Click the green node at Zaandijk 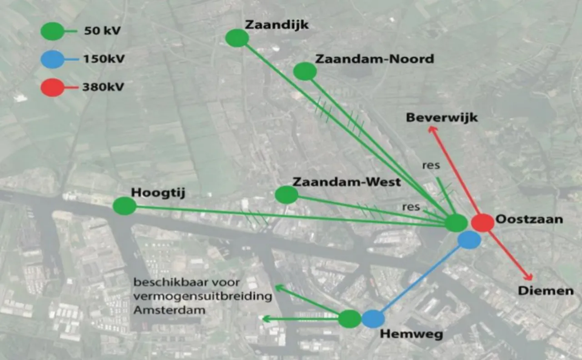pos(237,38)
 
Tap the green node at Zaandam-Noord pos(305,71)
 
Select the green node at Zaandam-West pos(286,195)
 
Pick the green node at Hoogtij pos(125,206)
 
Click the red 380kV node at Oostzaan pos(482,222)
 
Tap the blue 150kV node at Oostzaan pos(469,240)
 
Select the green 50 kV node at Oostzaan pos(456,223)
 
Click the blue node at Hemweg pos(373,319)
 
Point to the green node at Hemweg pos(350,319)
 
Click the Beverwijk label pos(442,118)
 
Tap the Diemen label pos(546,290)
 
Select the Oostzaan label pos(529,219)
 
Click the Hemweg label pos(411,334)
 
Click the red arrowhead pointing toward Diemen pos(528,277)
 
